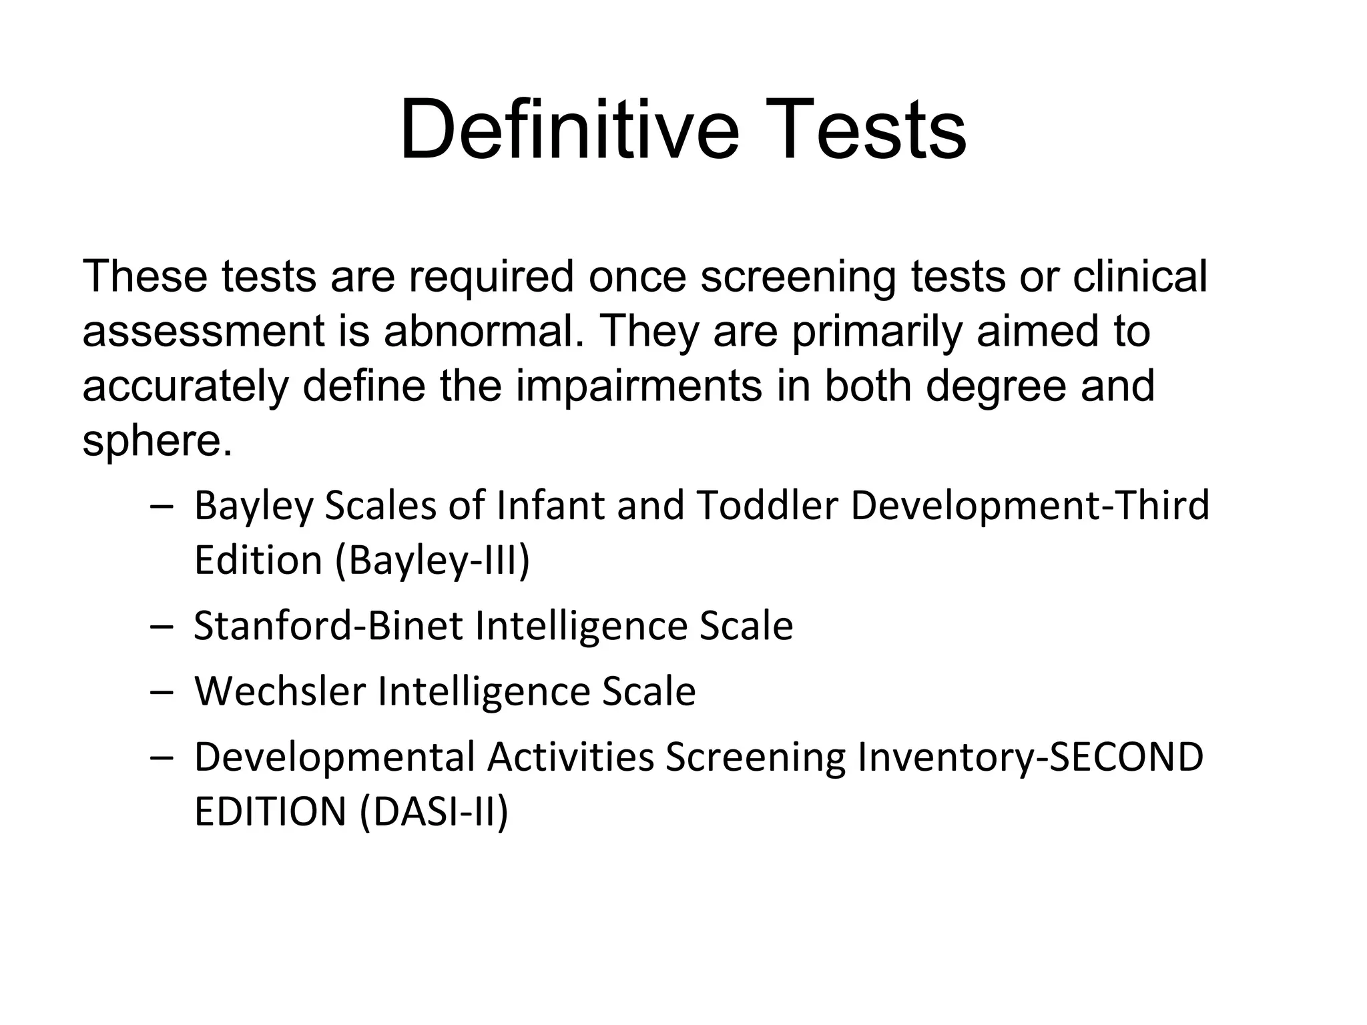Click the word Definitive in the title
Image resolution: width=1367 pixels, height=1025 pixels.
point(569,129)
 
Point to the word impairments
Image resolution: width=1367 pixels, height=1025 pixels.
point(639,386)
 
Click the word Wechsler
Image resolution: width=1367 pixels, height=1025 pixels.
point(280,691)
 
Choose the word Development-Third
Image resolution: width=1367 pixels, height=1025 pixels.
point(1030,505)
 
